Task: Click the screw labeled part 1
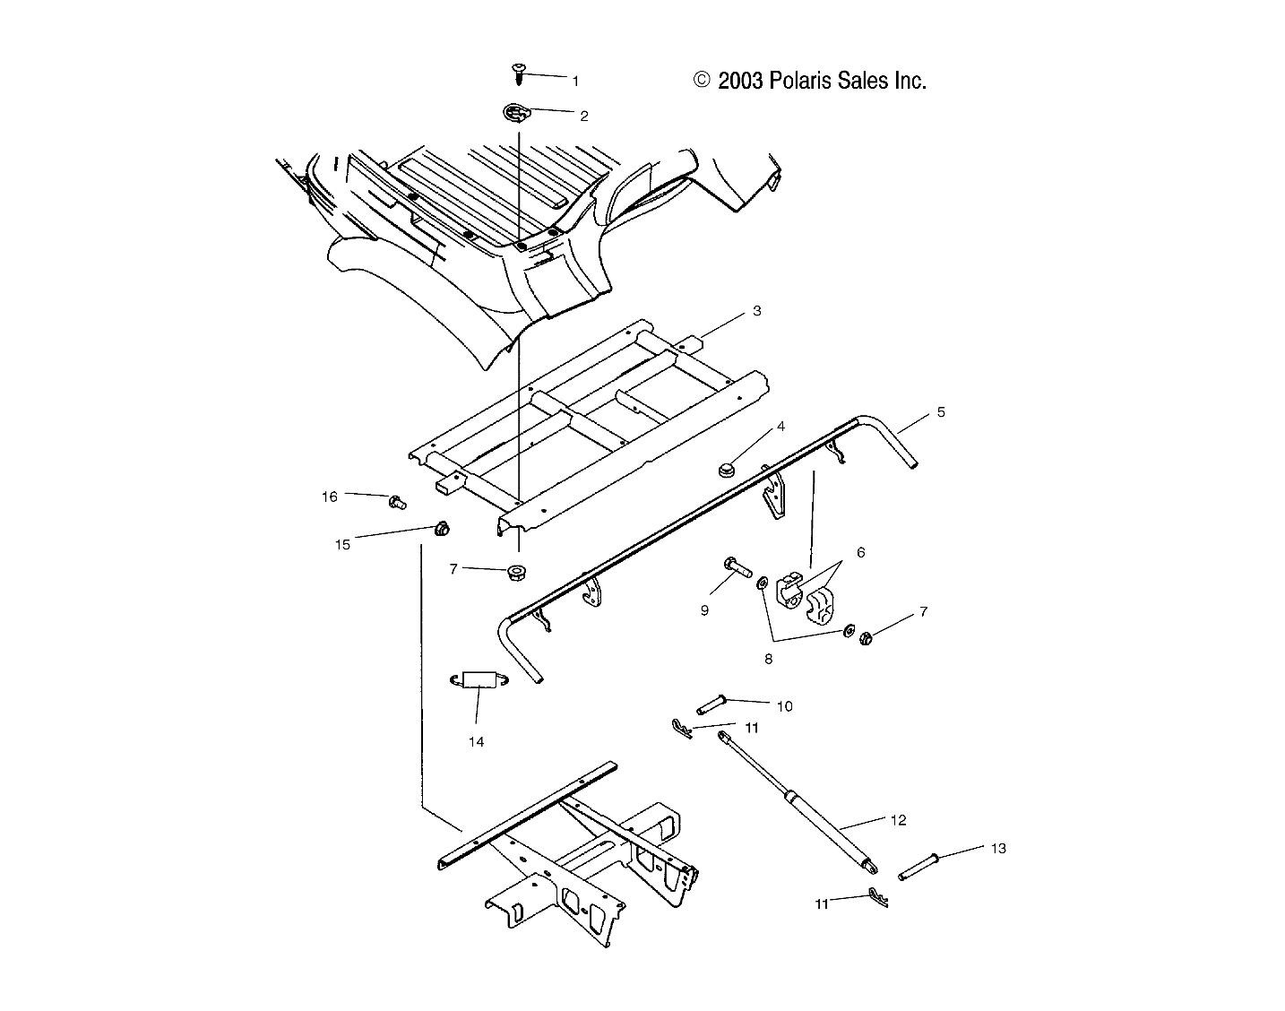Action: click(x=518, y=71)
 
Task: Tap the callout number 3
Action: click(x=756, y=311)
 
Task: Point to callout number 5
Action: click(x=940, y=412)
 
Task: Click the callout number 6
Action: click(x=860, y=553)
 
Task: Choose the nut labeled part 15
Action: click(x=441, y=528)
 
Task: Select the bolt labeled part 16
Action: click(x=396, y=502)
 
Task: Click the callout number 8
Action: click(x=768, y=658)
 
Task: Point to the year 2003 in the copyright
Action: click(x=739, y=81)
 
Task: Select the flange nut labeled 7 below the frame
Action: click(x=515, y=571)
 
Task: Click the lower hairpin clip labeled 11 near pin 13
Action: click(x=877, y=897)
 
